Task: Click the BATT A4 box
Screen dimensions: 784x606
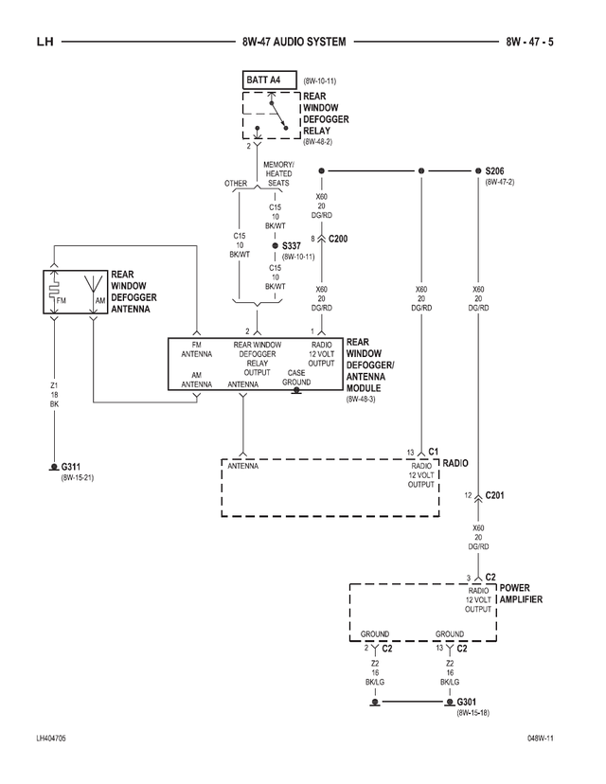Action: pos(270,80)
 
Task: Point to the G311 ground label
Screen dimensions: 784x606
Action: pos(72,467)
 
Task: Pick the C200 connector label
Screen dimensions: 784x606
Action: pos(338,239)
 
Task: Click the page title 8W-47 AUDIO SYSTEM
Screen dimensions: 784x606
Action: pos(294,42)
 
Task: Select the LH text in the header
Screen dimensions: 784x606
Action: pos(45,42)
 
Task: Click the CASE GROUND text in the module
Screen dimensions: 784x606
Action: pos(296,378)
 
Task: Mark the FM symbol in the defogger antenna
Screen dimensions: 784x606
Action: pos(62,300)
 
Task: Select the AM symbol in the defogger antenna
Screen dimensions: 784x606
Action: pos(100,300)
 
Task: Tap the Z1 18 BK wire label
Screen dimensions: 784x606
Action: pos(54,394)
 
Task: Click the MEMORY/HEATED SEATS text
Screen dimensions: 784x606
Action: pos(278,173)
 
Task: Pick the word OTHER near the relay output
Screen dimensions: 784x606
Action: pos(235,183)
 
